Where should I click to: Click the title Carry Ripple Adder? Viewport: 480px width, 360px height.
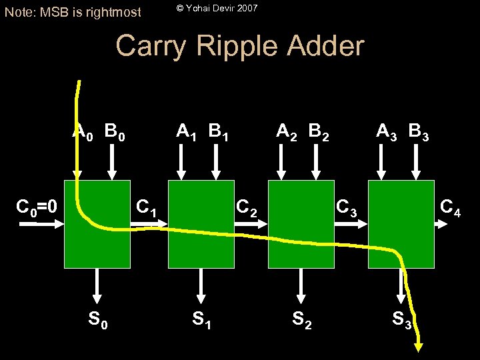(x=240, y=46)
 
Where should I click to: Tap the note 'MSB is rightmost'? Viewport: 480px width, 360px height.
(x=73, y=11)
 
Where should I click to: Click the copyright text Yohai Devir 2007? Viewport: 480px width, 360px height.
(x=217, y=8)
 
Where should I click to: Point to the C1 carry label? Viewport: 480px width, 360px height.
(x=146, y=208)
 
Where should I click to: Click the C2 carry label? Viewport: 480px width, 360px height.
(x=246, y=208)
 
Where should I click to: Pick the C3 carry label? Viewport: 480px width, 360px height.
(x=347, y=208)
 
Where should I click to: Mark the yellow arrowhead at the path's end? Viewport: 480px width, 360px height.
(x=419, y=346)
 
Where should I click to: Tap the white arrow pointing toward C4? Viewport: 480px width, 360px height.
(x=441, y=224)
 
